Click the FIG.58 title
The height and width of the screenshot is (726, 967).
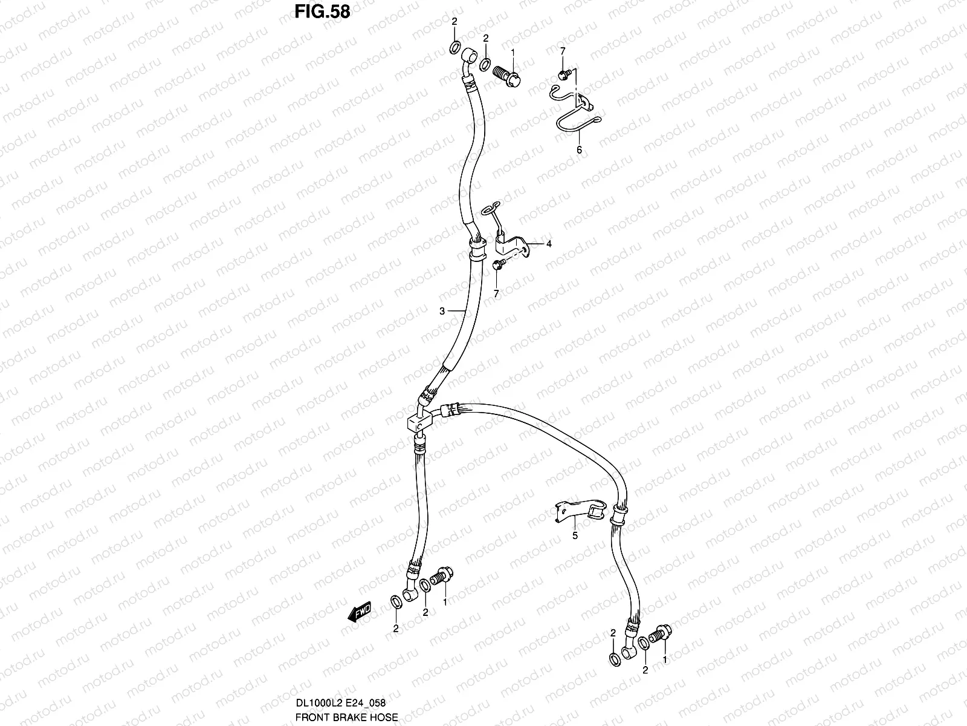click(323, 12)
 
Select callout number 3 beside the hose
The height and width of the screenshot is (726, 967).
click(442, 311)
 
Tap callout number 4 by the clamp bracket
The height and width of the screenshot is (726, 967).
click(549, 244)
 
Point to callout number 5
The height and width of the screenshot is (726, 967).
click(575, 535)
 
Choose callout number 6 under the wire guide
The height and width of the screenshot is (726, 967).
click(579, 150)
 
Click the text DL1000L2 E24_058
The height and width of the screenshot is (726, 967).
click(341, 703)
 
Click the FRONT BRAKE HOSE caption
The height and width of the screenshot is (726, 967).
click(346, 718)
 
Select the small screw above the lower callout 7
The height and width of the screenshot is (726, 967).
click(499, 264)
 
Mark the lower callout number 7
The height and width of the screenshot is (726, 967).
click(497, 293)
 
